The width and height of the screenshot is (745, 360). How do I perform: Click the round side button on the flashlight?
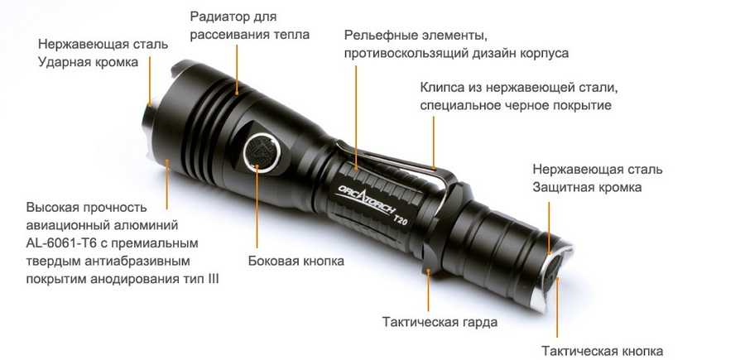click(x=262, y=153)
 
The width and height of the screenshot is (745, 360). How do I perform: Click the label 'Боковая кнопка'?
click(x=296, y=261)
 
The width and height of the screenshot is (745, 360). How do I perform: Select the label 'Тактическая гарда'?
click(x=440, y=322)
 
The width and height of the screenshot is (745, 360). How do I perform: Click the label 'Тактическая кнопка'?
click(x=602, y=352)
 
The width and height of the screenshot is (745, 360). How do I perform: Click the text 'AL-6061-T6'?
click(x=61, y=243)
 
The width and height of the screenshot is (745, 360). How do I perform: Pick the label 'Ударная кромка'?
click(x=89, y=62)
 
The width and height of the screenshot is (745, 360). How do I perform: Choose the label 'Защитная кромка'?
click(x=587, y=188)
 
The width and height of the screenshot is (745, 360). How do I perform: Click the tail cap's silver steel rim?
click(x=551, y=281)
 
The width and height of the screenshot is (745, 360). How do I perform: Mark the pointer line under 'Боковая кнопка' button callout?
click(x=257, y=206)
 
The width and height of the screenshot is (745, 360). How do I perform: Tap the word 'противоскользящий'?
click(x=406, y=54)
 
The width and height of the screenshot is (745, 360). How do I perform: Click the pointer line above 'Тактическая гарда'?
click(x=429, y=290)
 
